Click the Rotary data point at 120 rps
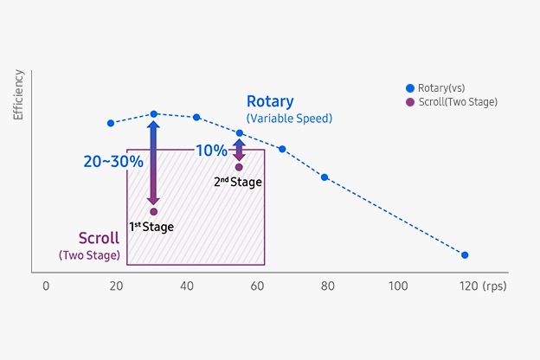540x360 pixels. click(465, 255)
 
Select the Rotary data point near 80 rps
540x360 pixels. click(325, 177)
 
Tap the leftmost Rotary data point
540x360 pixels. click(111, 123)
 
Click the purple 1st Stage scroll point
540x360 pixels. click(153, 211)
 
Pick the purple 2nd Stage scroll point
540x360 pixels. click(239, 167)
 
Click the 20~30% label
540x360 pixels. click(112, 161)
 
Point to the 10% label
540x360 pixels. click(210, 150)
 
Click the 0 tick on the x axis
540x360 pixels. click(47, 286)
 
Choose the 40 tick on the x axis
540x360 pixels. click(187, 286)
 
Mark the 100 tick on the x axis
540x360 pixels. click(397, 286)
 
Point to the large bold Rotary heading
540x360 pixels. click(270, 102)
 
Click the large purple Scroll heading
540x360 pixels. click(99, 238)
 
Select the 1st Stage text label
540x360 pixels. click(151, 228)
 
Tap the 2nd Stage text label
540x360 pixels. click(238, 183)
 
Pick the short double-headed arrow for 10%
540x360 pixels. click(239, 148)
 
